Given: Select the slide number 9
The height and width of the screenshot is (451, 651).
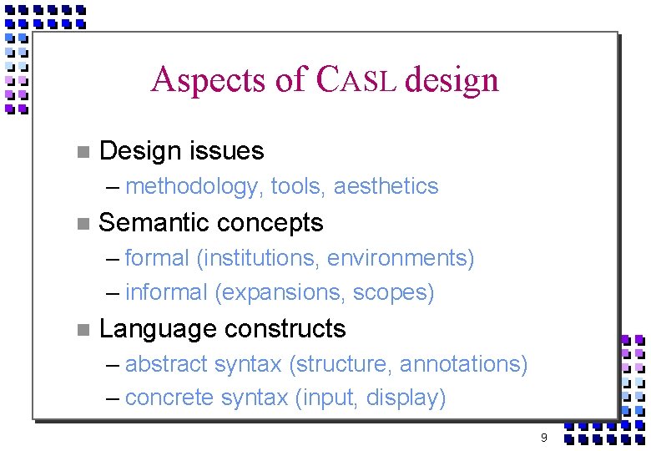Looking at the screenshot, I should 543,438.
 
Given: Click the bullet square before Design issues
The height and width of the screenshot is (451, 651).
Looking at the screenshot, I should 81,152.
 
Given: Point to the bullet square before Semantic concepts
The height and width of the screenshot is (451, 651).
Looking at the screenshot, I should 81,223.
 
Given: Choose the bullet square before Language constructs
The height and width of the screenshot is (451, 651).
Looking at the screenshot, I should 81,329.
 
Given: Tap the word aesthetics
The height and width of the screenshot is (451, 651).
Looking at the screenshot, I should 386,186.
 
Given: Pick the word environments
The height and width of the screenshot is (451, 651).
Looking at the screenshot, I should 399,258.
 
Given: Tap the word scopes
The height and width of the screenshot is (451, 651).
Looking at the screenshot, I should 391,293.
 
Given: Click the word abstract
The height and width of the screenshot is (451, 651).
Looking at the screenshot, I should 166,364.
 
